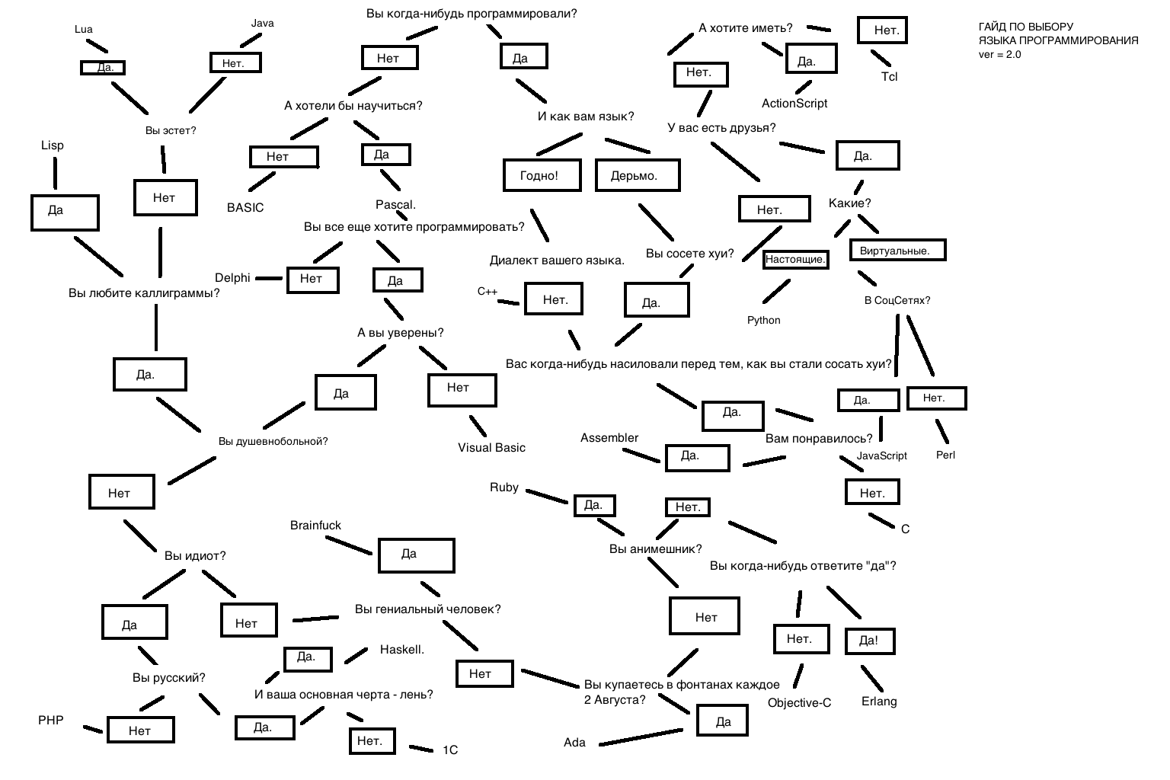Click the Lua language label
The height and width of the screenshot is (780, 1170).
click(x=84, y=30)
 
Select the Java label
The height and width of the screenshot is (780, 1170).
click(x=262, y=24)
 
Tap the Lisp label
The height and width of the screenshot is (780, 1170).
click(x=53, y=145)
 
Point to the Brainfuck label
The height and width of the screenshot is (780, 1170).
click(x=315, y=526)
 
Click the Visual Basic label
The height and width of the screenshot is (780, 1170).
click(x=491, y=448)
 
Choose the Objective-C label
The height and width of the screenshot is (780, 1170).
click(x=799, y=703)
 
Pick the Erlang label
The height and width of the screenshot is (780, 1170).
click(x=879, y=702)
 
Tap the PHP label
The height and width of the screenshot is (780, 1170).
click(x=51, y=720)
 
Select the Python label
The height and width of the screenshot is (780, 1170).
click(x=763, y=321)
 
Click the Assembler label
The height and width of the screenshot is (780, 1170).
click(x=609, y=438)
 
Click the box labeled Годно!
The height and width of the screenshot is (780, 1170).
click(x=539, y=176)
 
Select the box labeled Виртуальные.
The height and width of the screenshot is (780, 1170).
click(x=897, y=251)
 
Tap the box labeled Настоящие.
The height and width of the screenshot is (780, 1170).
click(x=795, y=260)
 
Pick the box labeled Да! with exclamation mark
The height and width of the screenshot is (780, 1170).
click(x=869, y=641)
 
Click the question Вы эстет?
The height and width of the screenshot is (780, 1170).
click(x=171, y=131)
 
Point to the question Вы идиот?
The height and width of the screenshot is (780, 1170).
click(x=195, y=556)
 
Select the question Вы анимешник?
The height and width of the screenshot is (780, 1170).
click(x=655, y=549)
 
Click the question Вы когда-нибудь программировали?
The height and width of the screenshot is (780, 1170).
click(x=472, y=14)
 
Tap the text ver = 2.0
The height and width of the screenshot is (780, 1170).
click(x=999, y=55)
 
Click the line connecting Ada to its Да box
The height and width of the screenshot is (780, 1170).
click(x=640, y=737)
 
